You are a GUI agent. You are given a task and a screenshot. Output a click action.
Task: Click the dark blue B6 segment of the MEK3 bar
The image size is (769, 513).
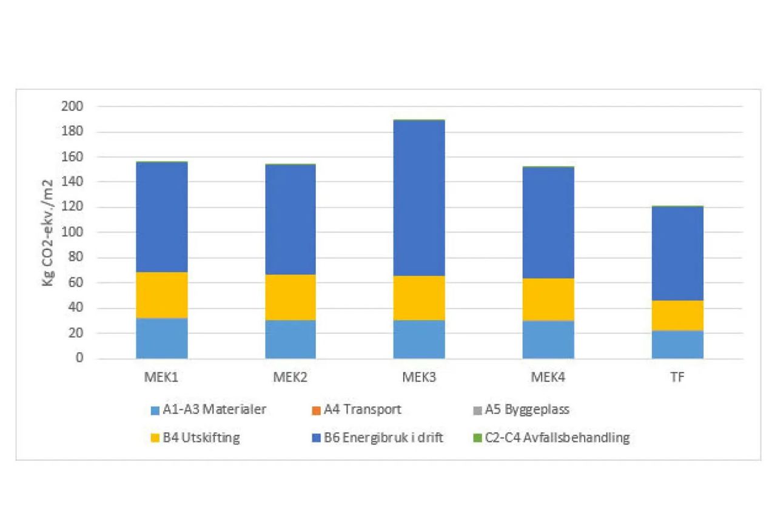tap(419, 198)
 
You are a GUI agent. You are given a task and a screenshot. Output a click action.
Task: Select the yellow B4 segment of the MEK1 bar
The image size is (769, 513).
tap(161, 295)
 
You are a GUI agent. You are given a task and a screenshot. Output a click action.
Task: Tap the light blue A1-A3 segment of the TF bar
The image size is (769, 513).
tap(677, 344)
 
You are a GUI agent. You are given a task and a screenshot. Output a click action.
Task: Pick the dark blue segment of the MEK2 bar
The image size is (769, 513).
tap(290, 219)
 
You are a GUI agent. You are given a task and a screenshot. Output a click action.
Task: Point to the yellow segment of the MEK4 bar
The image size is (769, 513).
tap(548, 299)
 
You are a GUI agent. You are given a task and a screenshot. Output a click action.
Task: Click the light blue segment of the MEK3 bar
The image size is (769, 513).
tap(419, 339)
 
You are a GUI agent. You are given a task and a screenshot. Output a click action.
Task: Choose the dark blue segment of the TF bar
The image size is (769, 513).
tap(677, 253)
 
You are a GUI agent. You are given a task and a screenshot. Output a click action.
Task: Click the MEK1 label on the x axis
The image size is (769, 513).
tap(161, 376)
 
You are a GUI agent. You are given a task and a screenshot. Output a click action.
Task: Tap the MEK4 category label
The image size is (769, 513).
tap(548, 376)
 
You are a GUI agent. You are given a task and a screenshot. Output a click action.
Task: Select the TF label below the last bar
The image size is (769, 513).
tap(677, 376)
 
